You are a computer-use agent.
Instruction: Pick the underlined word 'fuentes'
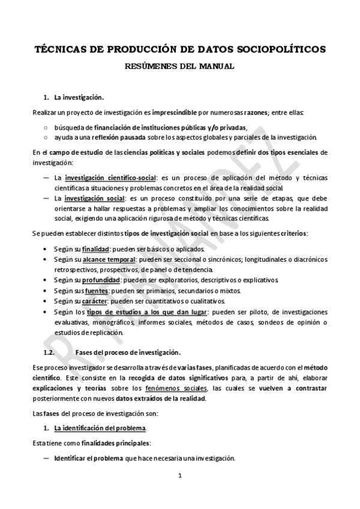(96, 291)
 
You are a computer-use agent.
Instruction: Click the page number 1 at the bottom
(179, 493)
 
